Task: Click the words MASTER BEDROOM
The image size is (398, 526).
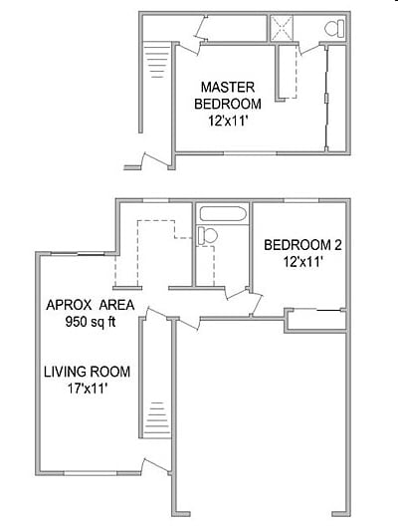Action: (228, 95)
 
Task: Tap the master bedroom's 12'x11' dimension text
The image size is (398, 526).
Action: (228, 122)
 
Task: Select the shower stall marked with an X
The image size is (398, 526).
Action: (285, 29)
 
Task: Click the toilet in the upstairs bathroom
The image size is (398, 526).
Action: (334, 28)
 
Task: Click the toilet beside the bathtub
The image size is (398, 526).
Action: (207, 236)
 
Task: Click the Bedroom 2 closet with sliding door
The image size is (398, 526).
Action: (316, 319)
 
